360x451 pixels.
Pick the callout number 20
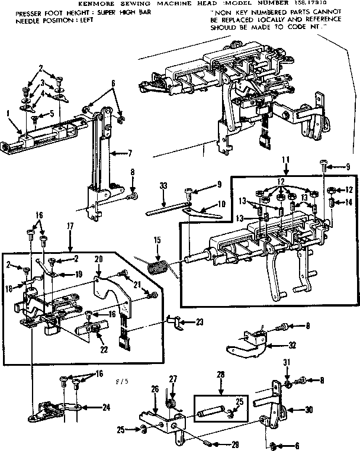click(98, 259)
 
